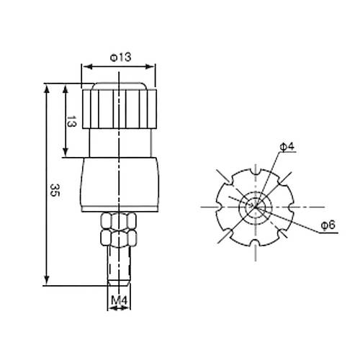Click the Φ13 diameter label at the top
point(121,58)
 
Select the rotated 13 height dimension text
point(71,121)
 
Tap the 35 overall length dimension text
point(55,190)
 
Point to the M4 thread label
point(119,300)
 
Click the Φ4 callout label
point(287,146)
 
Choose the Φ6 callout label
point(328,225)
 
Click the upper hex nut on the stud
point(119,221)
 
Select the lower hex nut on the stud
point(119,238)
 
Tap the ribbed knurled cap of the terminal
point(120,109)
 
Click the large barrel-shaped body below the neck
point(120,184)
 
